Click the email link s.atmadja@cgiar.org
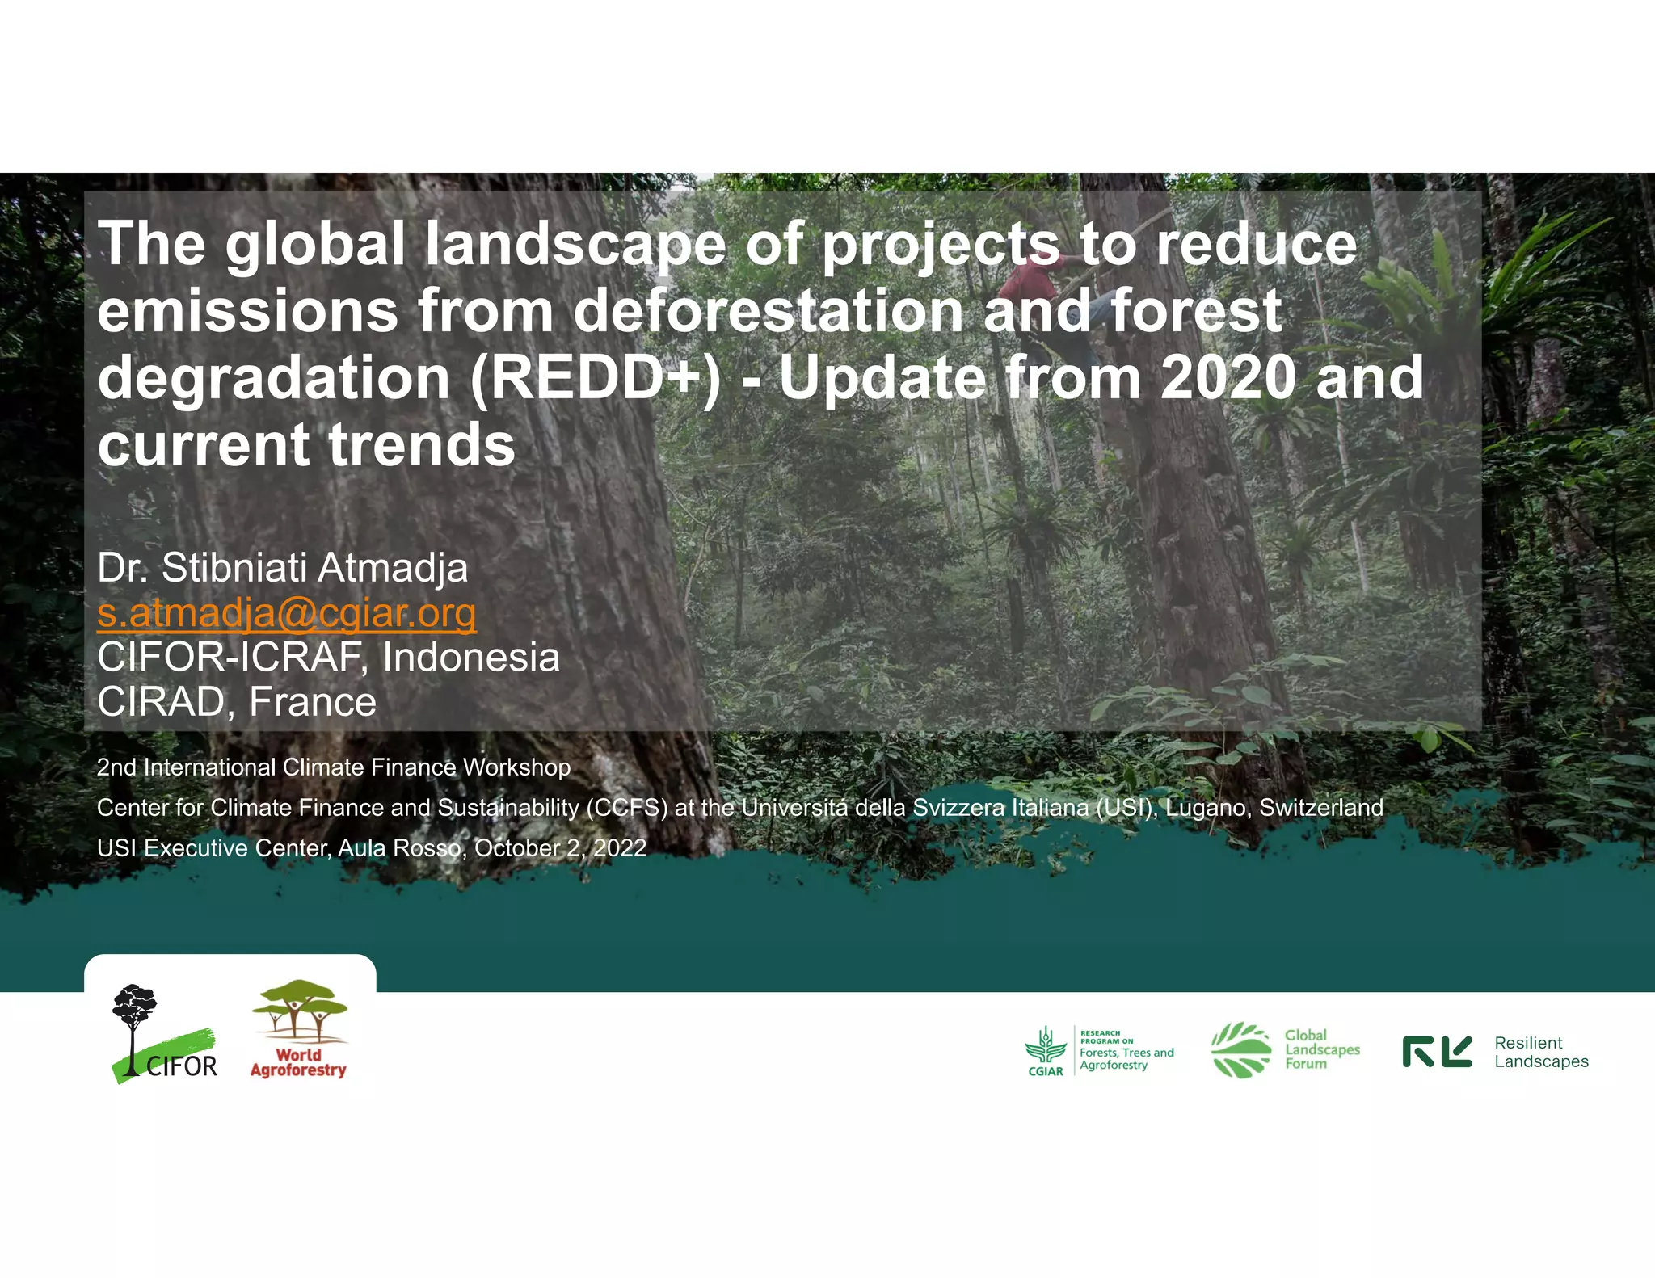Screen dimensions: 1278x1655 286,613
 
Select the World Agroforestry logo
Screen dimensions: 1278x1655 299,1030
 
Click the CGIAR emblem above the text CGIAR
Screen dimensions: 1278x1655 1046,1046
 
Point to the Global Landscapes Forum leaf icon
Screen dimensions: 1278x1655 1241,1050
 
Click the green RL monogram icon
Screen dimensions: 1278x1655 1437,1052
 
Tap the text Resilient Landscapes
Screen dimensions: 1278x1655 1540,1052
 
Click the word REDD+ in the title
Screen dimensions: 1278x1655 595,378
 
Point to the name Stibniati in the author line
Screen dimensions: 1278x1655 234,568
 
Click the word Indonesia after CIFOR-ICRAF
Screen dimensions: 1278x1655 470,658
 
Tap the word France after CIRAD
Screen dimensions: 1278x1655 312,702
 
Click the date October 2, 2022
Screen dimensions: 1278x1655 560,848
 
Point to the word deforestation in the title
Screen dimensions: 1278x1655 768,311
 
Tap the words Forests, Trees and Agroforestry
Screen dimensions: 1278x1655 1126,1058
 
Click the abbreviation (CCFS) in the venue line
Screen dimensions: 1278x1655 627,808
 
